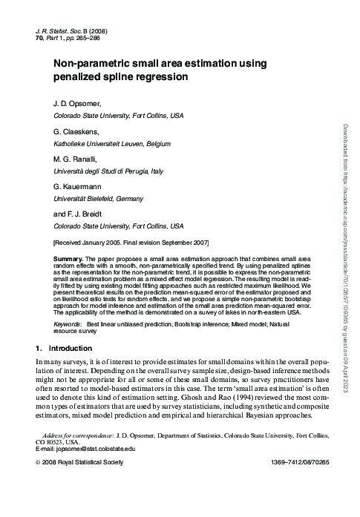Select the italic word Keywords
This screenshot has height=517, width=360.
[68, 325]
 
